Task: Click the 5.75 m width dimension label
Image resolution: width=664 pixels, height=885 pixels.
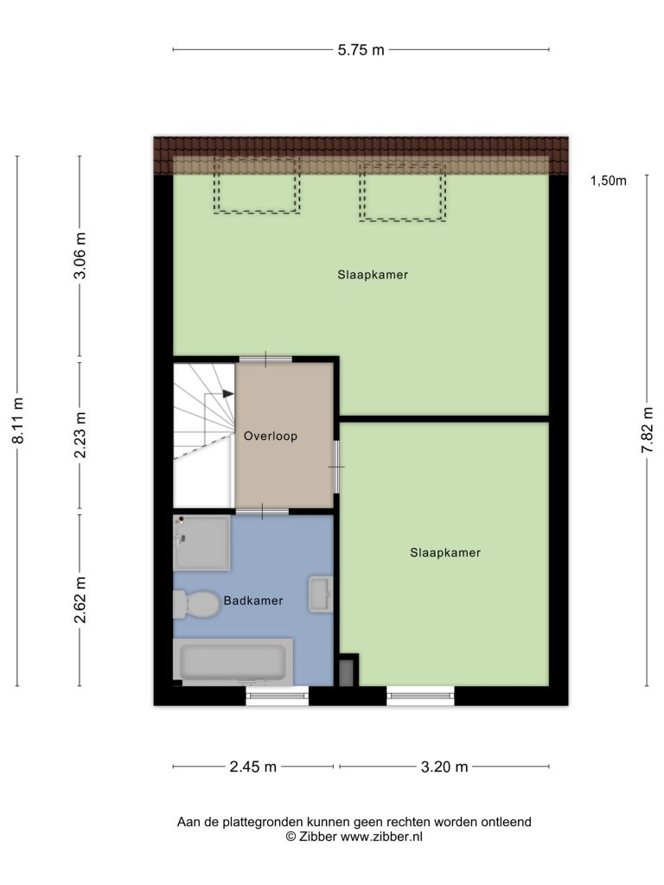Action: [x=361, y=49]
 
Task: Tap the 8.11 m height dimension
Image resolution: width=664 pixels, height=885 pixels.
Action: [x=18, y=420]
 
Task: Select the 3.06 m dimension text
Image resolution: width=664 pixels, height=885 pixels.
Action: [x=80, y=256]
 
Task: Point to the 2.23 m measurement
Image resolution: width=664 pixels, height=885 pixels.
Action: [x=80, y=435]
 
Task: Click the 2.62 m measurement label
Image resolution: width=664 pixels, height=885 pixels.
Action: [x=80, y=600]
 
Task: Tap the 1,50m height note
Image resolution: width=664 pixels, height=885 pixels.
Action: [x=609, y=181]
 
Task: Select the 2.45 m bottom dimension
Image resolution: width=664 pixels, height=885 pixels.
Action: [x=253, y=767]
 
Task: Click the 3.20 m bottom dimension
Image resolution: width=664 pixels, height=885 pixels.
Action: [x=444, y=767]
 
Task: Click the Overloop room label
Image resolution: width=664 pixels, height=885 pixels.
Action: [x=271, y=436]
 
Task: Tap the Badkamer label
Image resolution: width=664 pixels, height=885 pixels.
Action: [x=253, y=601]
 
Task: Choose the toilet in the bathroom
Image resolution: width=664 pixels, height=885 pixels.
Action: [x=196, y=604]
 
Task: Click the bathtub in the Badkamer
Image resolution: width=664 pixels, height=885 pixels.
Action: [x=233, y=662]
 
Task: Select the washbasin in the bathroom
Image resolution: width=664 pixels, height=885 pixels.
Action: [x=321, y=595]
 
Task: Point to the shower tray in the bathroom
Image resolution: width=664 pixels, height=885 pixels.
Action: [x=201, y=543]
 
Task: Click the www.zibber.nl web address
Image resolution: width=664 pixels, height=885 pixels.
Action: [x=381, y=837]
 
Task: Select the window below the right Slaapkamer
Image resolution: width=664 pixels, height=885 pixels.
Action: [x=421, y=696]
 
